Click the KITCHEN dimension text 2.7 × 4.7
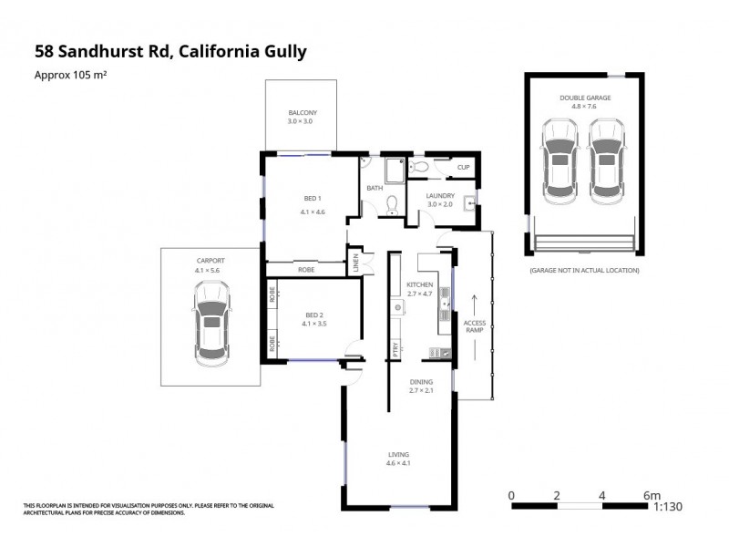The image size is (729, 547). click(420, 294)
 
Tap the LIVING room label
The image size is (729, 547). click(398, 454)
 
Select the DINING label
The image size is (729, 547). click(420, 382)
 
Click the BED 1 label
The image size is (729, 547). click(313, 199)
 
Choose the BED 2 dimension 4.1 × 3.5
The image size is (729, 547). click(313, 325)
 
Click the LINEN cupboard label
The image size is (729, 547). click(356, 264)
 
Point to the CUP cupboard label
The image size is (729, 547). click(463, 167)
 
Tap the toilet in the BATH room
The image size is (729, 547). click(393, 202)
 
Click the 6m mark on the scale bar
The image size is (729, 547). click(651, 495)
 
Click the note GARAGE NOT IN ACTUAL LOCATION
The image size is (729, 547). click(583, 271)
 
